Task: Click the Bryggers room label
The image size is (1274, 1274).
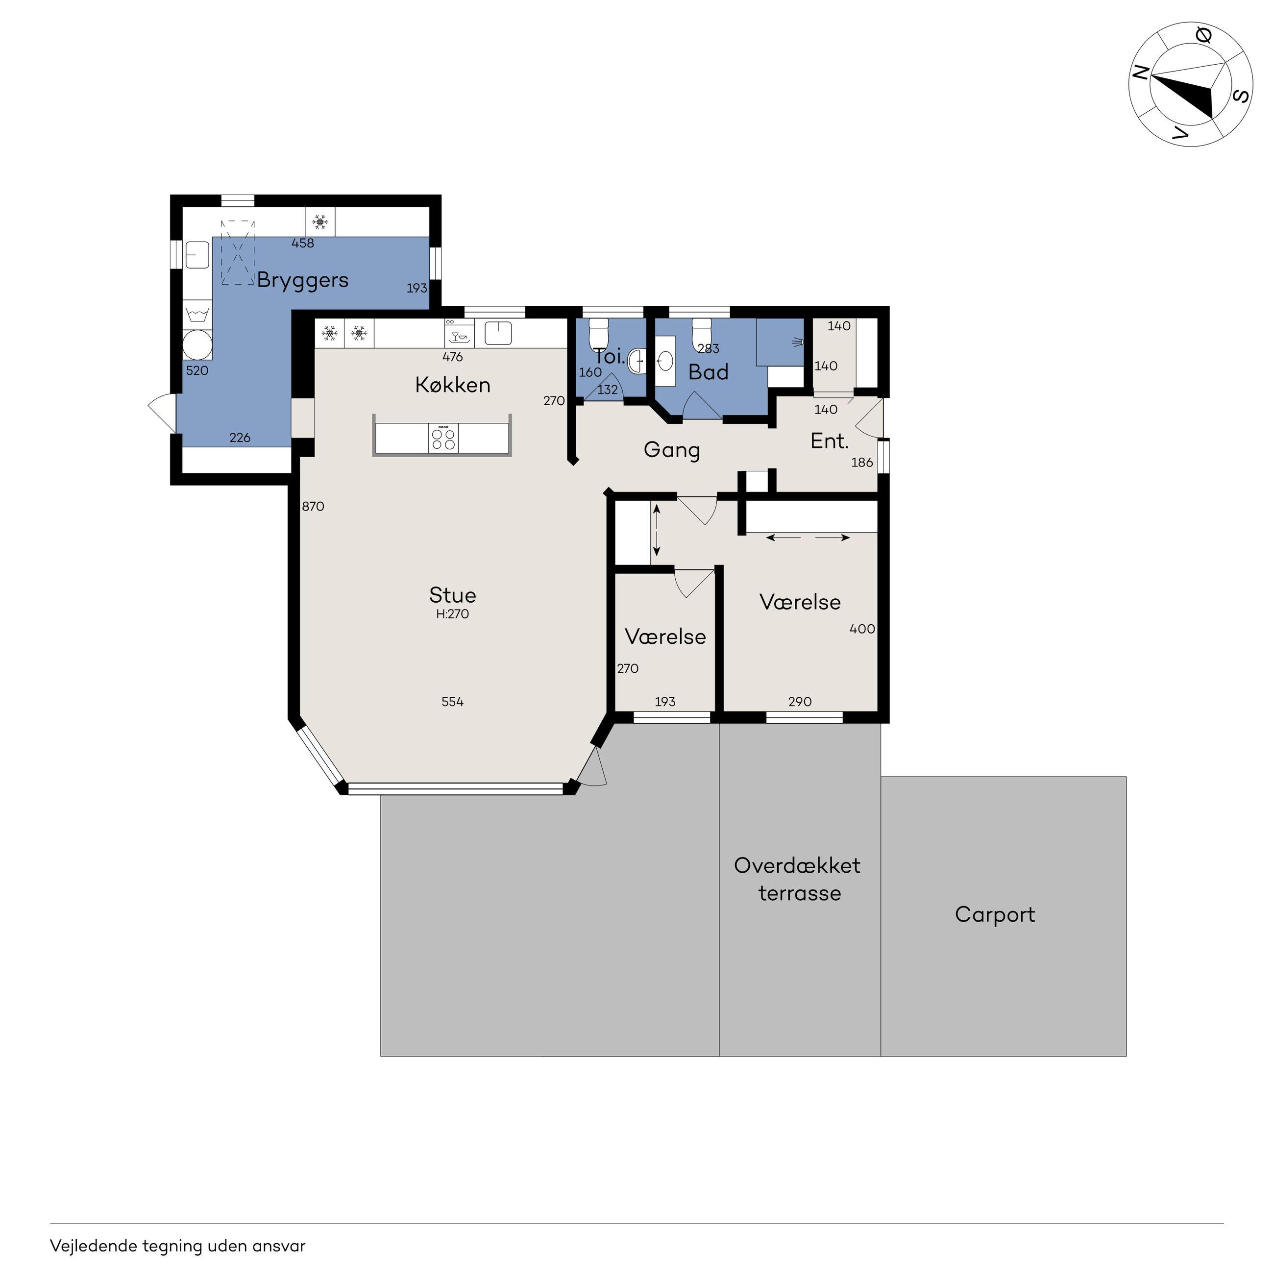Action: (303, 280)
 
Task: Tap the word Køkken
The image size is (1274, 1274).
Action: (453, 385)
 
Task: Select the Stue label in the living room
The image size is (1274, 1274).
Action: (452, 595)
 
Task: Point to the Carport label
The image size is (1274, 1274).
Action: (995, 915)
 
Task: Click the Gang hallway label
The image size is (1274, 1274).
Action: (671, 450)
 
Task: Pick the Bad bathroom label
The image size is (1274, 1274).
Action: (708, 372)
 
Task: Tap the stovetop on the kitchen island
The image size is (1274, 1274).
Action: (443, 439)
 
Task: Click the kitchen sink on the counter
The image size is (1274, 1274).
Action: (498, 333)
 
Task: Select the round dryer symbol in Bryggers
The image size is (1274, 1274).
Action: (197, 345)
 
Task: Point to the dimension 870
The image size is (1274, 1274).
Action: (313, 507)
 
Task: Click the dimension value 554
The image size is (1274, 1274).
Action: (452, 702)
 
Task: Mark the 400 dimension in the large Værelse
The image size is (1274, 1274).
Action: (862, 629)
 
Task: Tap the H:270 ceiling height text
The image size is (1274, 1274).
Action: (452, 614)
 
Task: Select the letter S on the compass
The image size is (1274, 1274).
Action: (1241, 96)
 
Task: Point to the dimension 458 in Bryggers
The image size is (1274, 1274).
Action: (303, 244)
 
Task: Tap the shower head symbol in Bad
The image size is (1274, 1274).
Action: (799, 342)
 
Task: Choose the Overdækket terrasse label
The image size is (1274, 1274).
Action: (798, 879)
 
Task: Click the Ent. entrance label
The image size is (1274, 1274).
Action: (830, 441)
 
